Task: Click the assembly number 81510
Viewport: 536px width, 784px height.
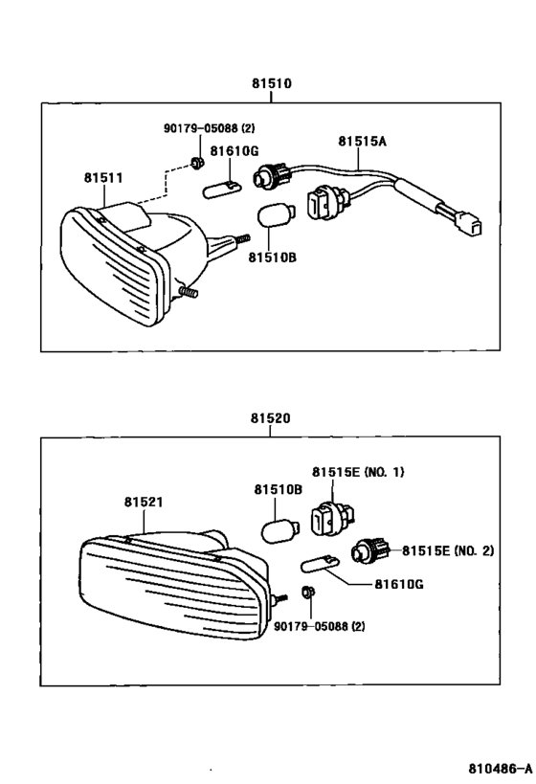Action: point(271,83)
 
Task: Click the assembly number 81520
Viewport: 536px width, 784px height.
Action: point(271,418)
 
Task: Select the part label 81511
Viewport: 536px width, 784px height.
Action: point(102,178)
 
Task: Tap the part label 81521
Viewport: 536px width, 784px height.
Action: point(143,503)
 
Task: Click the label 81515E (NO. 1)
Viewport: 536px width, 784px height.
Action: point(358,472)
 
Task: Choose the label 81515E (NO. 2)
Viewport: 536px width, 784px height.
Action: point(446,550)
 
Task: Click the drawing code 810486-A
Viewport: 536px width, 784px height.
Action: point(499,769)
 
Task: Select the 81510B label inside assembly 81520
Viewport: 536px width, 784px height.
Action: point(278,490)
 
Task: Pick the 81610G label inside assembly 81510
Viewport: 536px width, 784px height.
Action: point(234,150)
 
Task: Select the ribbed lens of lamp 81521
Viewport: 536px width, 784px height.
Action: point(172,594)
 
